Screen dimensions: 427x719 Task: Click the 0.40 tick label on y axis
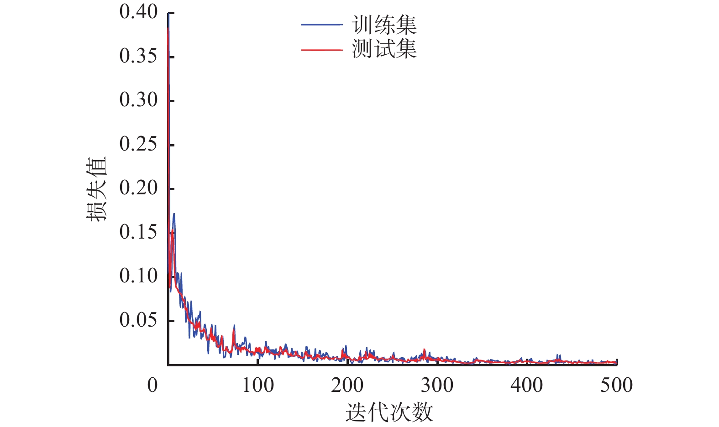point(138,12)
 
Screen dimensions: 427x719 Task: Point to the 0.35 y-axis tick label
point(138,56)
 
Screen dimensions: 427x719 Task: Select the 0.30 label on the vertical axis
point(138,100)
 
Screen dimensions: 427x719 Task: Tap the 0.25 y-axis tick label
point(138,144)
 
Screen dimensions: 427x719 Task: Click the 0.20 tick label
point(138,188)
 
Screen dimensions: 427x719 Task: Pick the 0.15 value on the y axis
point(138,232)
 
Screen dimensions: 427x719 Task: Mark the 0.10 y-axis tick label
point(138,276)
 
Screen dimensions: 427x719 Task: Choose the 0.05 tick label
point(138,320)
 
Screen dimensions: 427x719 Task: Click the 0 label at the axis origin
point(152,385)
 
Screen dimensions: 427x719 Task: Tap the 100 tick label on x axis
point(257,385)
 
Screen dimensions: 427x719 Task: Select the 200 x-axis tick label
point(347,385)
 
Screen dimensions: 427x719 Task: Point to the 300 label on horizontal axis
point(437,385)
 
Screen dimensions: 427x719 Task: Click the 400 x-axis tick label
point(527,385)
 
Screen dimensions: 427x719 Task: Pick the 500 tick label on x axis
point(616,385)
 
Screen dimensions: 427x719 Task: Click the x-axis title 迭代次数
point(389,413)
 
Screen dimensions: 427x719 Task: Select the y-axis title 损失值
point(96,188)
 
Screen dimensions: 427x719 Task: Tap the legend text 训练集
point(384,25)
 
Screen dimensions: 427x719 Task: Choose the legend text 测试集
point(384,48)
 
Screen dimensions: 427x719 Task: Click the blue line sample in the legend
point(321,25)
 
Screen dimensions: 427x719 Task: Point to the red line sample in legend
point(321,49)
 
